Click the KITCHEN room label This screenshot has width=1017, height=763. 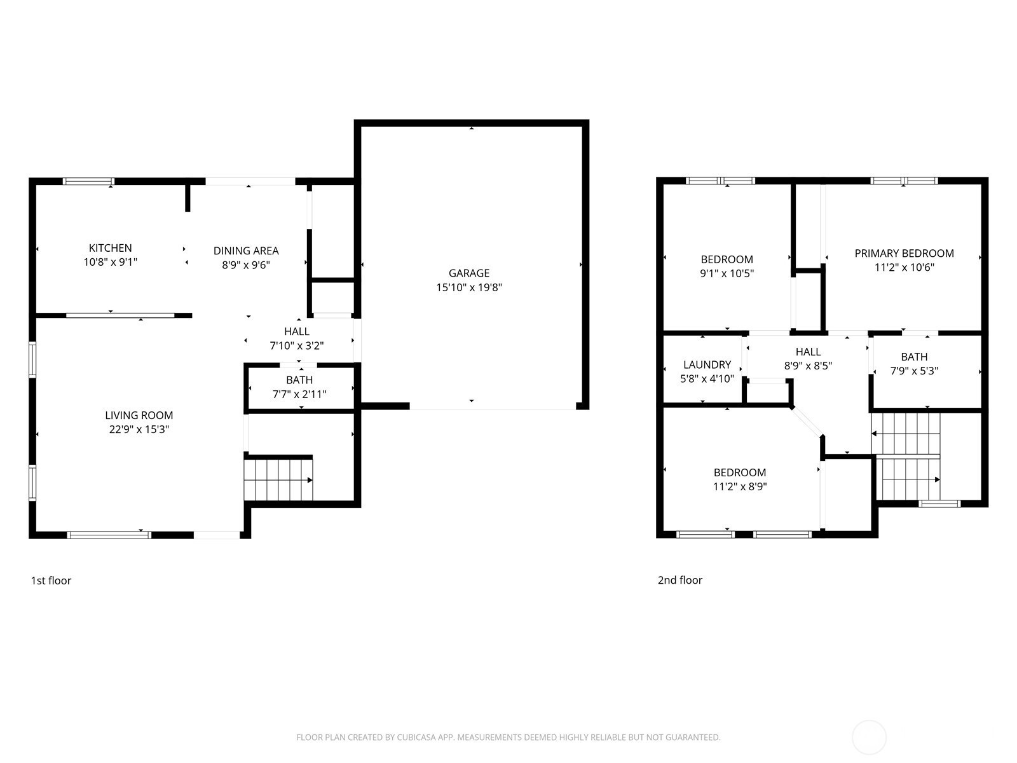click(x=110, y=248)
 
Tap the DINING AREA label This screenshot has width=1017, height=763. click(x=246, y=251)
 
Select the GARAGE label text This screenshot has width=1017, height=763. click(x=469, y=273)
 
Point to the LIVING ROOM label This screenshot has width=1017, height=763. click(x=139, y=415)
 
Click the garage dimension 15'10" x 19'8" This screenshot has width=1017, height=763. click(x=469, y=287)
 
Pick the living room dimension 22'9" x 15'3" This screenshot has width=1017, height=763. click(x=139, y=429)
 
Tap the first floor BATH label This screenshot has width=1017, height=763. click(x=299, y=380)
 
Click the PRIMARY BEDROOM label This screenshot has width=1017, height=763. click(x=904, y=253)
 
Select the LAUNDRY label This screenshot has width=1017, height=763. click(x=707, y=364)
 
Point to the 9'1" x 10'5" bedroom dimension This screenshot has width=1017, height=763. click(x=727, y=273)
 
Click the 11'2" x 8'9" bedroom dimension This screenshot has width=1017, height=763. click(x=740, y=486)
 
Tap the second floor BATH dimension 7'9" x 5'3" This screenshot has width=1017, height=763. click(x=914, y=371)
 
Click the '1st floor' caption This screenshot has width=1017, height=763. click(x=51, y=581)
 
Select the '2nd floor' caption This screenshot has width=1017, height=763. click(x=679, y=580)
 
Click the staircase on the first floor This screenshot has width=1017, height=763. click(x=278, y=479)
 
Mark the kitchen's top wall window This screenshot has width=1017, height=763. click(x=88, y=181)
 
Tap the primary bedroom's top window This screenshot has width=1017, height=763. click(x=904, y=181)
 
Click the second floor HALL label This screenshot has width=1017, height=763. click(x=808, y=352)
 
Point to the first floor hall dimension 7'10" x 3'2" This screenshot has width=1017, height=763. click(x=297, y=346)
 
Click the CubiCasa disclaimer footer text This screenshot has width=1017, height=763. click(x=508, y=737)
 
